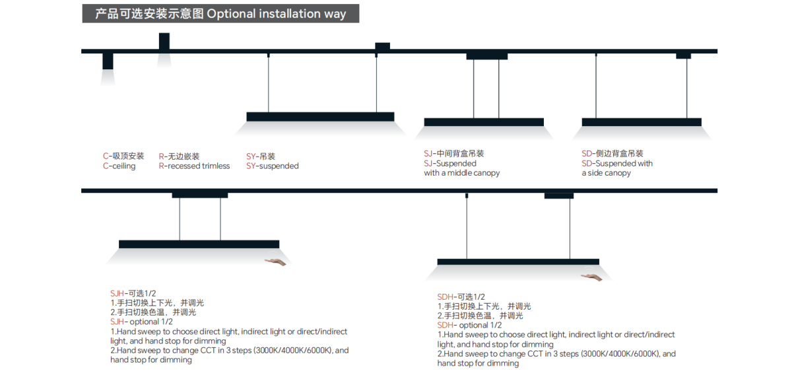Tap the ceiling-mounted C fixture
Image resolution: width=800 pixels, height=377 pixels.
tap(108, 61)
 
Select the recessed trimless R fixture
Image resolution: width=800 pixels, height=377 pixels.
tap(164, 41)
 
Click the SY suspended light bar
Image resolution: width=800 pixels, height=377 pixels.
tap(320, 116)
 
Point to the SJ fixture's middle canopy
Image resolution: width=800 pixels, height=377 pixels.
tap(486, 56)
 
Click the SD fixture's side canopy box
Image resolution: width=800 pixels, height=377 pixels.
tap(683, 55)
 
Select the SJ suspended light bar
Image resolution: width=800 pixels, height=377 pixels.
tap(484, 122)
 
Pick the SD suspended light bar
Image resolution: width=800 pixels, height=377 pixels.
tap(641, 122)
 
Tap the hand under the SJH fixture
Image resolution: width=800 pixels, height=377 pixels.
tap(275, 262)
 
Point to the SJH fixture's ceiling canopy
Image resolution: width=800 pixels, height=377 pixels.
tap(200, 195)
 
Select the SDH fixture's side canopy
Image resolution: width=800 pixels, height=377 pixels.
tap(558, 195)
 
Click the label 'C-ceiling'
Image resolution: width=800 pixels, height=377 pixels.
tap(119, 166)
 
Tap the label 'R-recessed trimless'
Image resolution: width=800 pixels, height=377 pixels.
tap(194, 166)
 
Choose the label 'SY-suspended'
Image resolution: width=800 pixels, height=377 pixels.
tap(272, 166)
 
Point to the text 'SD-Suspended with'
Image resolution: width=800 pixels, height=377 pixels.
tap(617, 163)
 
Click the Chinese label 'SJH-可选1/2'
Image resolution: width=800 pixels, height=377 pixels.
tap(132, 293)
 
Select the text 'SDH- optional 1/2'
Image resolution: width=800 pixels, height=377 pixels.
tap(469, 325)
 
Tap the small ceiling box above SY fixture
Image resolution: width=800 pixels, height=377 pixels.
tap(382, 46)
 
